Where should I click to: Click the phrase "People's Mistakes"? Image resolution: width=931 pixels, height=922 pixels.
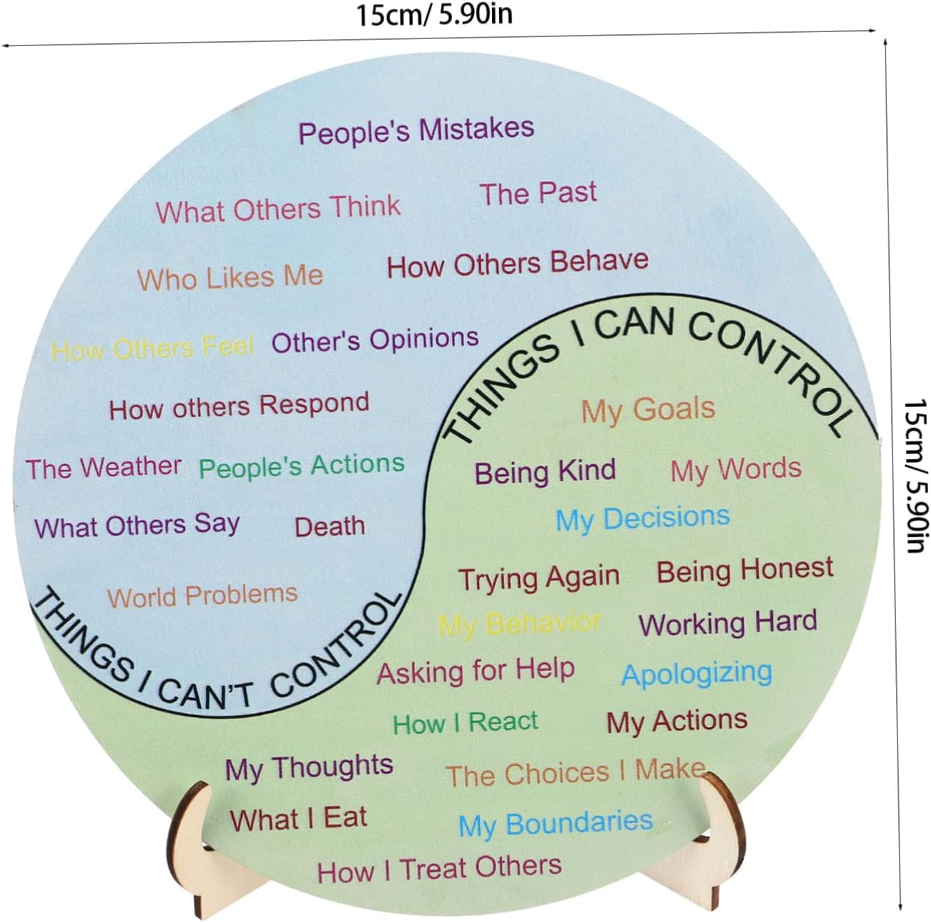pyautogui.click(x=416, y=131)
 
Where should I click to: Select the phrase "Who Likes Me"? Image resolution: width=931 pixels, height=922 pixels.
pyautogui.click(x=230, y=278)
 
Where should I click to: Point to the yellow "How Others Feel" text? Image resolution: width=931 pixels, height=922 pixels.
pyautogui.click(x=152, y=347)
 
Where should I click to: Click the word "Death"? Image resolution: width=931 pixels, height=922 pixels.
pyautogui.click(x=329, y=526)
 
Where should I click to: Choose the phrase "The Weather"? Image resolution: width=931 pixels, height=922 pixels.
pyautogui.click(x=103, y=467)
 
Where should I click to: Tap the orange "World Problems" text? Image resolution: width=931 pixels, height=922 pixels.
pyautogui.click(x=202, y=596)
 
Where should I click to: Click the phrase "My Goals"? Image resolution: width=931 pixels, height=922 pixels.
pyautogui.click(x=648, y=410)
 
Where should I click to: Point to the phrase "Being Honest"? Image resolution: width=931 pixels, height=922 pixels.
pyautogui.click(x=744, y=570)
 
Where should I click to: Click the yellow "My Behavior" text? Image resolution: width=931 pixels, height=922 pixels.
pyautogui.click(x=519, y=623)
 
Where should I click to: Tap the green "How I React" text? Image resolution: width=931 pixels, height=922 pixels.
pyautogui.click(x=465, y=722)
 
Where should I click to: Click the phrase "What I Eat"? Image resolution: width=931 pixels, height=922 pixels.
pyautogui.click(x=298, y=819)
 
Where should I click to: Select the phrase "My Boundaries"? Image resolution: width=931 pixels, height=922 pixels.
pyautogui.click(x=556, y=823)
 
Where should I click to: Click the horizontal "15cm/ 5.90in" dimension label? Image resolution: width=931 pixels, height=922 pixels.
pyautogui.click(x=434, y=14)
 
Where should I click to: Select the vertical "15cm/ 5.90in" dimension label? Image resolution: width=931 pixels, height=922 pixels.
pyautogui.click(x=916, y=475)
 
